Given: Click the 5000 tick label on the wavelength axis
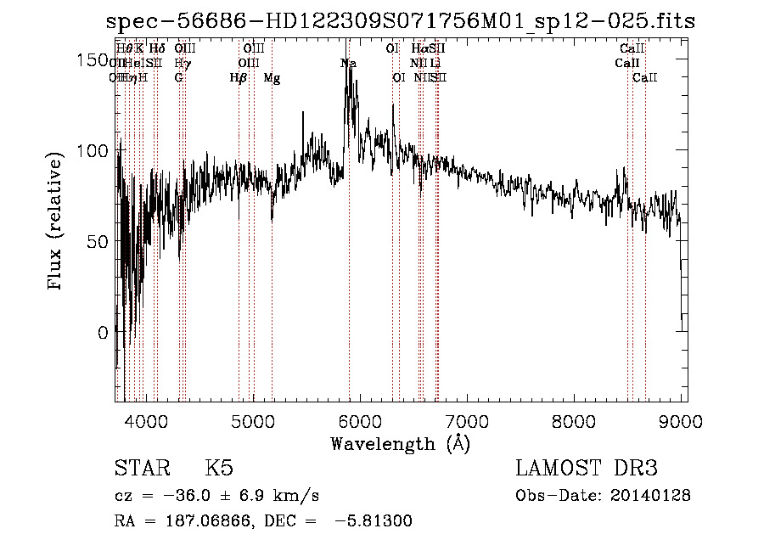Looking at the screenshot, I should click(252, 420).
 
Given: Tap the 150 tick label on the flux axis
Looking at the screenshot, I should click(93, 59).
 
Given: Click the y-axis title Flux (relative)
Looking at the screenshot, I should click(56, 222).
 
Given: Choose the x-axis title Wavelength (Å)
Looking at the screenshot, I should click(400, 443).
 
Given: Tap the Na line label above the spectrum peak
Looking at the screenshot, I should click(348, 64).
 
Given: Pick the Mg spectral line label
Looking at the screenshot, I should click(272, 78).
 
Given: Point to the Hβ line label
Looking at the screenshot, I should click(239, 78).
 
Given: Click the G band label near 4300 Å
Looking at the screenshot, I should click(179, 78).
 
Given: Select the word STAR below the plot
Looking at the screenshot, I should click(137, 469).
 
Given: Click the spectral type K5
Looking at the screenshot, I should click(219, 469).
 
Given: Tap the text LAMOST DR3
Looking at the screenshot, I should click(587, 469).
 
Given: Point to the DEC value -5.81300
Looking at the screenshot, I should click(374, 521).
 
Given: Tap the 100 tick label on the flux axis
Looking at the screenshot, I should click(93, 150).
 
